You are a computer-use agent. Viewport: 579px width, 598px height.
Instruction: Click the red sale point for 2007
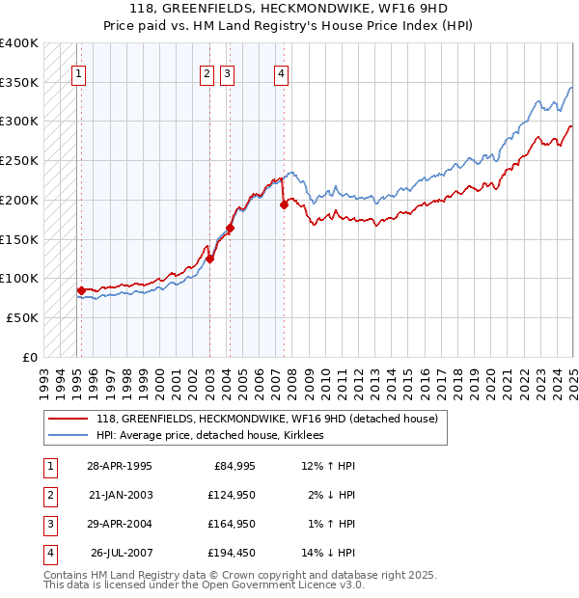[x=284, y=204]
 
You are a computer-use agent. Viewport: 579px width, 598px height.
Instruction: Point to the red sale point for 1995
[x=81, y=289]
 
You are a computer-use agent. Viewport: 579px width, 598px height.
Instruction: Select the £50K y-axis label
[x=22, y=317]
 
